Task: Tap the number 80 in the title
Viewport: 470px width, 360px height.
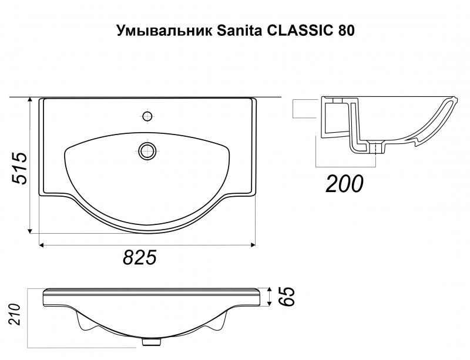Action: [346, 31]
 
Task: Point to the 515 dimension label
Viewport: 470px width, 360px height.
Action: [19, 168]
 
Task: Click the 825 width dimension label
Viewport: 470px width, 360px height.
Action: [140, 257]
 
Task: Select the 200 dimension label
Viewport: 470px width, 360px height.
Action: [344, 183]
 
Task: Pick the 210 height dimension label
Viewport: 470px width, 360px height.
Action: [14, 314]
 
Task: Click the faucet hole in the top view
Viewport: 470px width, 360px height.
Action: [147, 116]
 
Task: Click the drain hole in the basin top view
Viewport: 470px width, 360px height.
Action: [147, 150]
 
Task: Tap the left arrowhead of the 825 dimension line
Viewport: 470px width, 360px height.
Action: [42, 245]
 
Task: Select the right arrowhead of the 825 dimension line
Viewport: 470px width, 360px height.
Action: [253, 245]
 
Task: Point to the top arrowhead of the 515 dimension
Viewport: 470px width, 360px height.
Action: [30, 100]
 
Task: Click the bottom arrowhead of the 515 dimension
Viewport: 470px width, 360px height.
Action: [30, 230]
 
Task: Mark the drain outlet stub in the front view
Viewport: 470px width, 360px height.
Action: [151, 341]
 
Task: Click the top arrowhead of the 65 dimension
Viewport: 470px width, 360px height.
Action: [270, 290]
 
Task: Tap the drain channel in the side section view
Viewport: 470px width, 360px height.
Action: [377, 149]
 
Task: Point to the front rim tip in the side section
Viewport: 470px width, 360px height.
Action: [456, 100]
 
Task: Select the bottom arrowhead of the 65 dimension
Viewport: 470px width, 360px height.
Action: [270, 304]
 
